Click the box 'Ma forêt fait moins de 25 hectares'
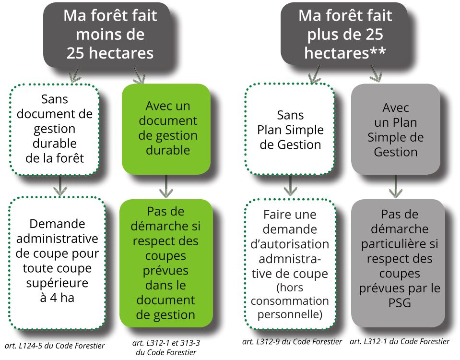(107, 35)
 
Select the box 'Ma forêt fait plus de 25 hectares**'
(345, 35)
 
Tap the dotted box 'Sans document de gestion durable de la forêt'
(55, 129)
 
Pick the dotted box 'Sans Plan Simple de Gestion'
(290, 129)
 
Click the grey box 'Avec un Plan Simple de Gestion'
(396, 129)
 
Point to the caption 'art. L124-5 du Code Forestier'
(55, 346)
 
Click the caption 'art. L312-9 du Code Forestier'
(292, 341)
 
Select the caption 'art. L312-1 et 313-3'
(166, 343)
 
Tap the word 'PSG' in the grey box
(400, 303)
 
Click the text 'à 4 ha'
(57, 298)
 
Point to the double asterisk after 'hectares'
(377, 51)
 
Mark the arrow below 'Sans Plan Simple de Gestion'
(290, 186)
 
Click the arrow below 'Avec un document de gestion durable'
(166, 186)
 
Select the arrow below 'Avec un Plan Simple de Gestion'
(395, 186)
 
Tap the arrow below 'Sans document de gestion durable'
(60, 186)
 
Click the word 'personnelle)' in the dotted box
(290, 314)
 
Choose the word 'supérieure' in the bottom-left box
(57, 283)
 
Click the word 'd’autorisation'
(290, 244)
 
